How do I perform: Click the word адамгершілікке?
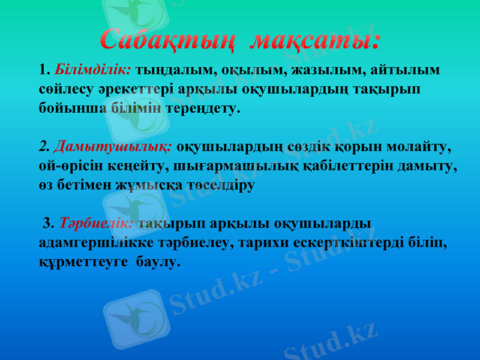pos(95,243)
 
